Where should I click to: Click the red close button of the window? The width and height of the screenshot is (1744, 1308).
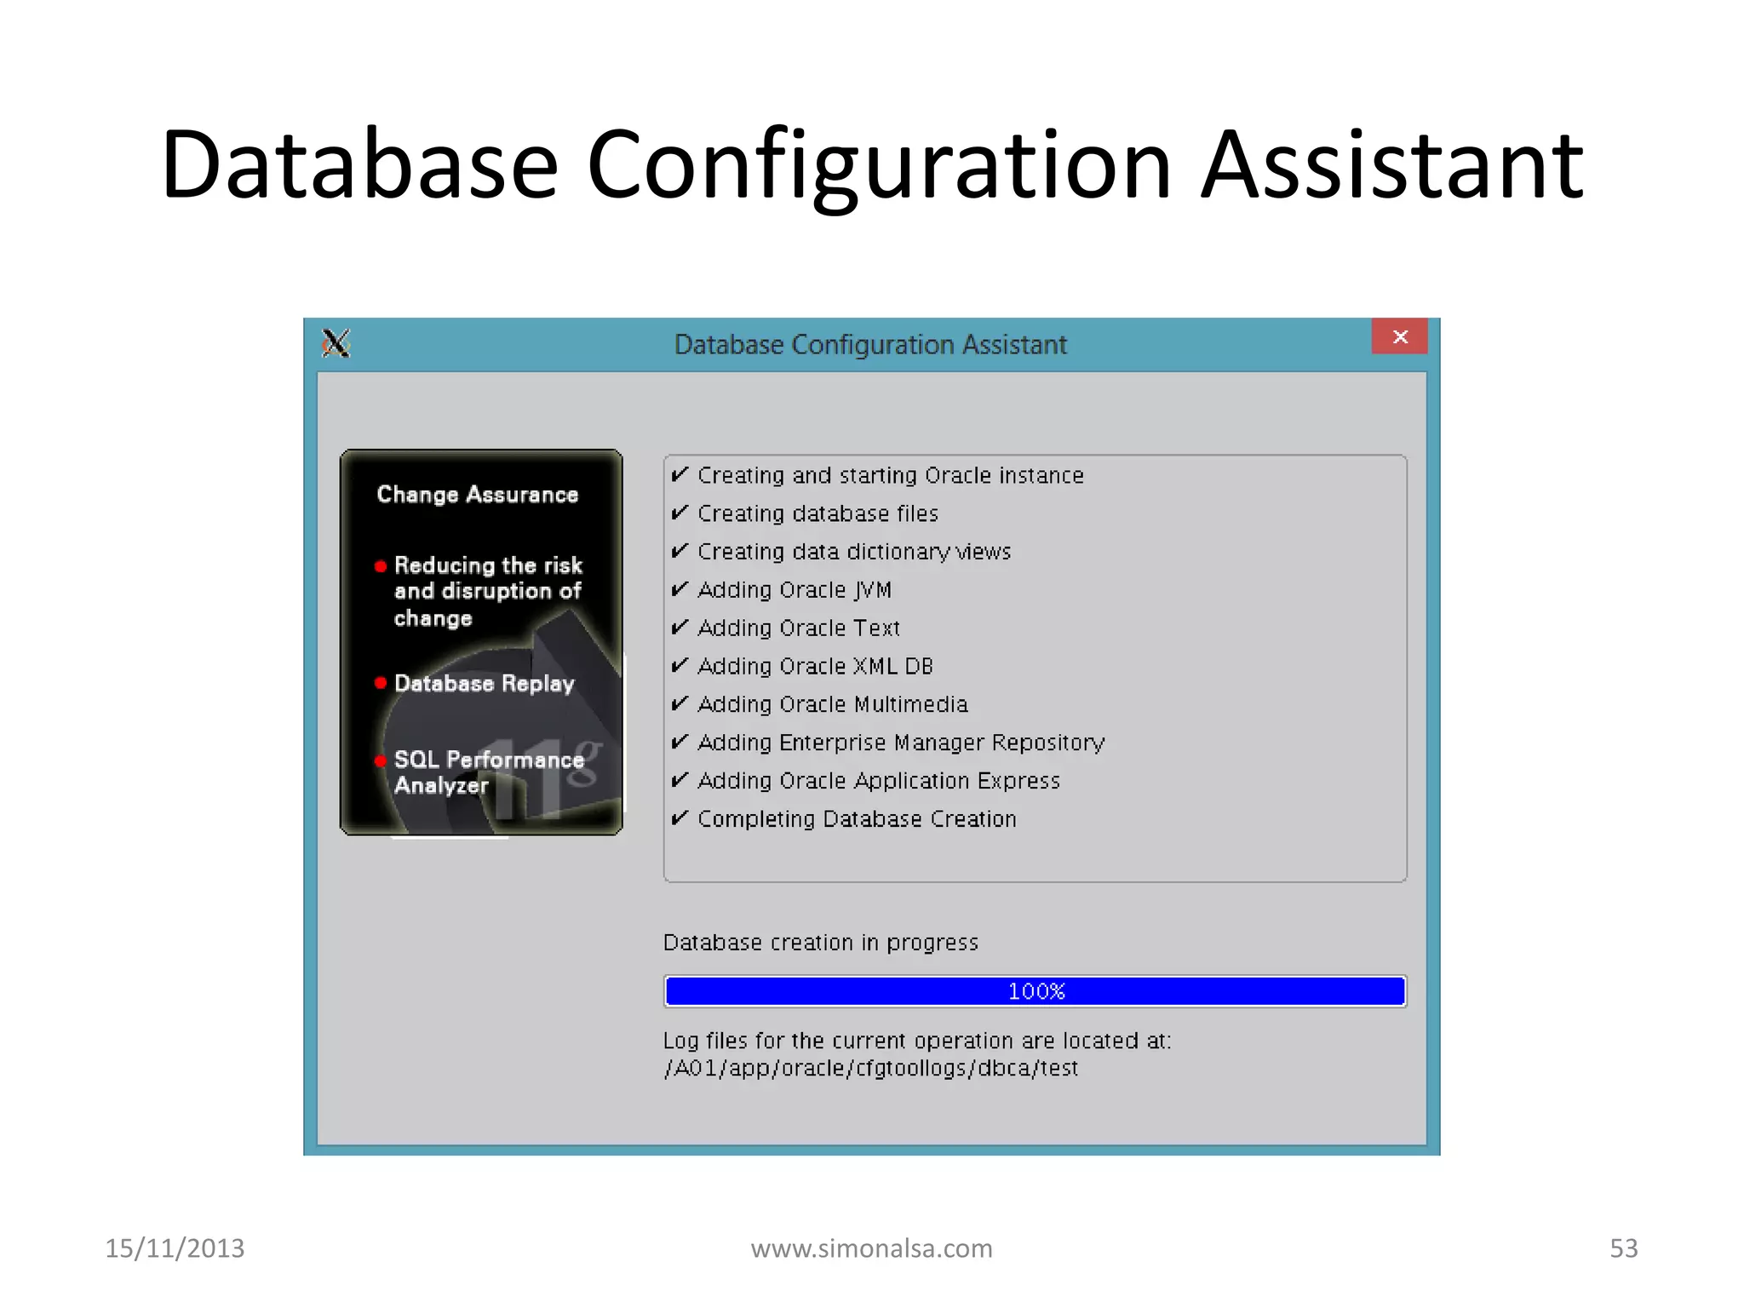pyautogui.click(x=1399, y=336)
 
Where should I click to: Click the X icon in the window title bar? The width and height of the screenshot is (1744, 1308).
pyautogui.click(x=336, y=343)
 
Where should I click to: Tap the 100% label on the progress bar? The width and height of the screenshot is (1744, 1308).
pyautogui.click(x=1035, y=991)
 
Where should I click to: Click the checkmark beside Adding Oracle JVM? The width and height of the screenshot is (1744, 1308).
pyautogui.click(x=680, y=589)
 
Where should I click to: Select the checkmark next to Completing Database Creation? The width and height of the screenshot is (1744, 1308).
pyautogui.click(x=680, y=818)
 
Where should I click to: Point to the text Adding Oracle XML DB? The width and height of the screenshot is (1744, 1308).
pyautogui.click(x=815, y=666)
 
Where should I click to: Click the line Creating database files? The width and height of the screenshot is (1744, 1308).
pyautogui.click(x=817, y=513)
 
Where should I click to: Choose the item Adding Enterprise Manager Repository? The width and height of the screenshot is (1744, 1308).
pyautogui.click(x=900, y=743)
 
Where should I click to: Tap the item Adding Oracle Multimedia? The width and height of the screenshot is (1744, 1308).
pyautogui.click(x=832, y=704)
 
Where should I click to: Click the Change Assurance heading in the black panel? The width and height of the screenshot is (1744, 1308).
pyautogui.click(x=477, y=495)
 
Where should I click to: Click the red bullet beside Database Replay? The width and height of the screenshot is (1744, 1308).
pyautogui.click(x=381, y=683)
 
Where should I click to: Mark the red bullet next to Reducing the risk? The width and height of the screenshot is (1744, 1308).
pyautogui.click(x=381, y=566)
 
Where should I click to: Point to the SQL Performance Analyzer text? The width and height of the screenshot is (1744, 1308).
pyautogui.click(x=488, y=772)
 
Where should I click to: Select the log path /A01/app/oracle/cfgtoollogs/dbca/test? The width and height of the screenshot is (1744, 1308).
pyautogui.click(x=870, y=1068)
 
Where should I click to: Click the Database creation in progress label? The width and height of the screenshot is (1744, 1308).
pyautogui.click(x=820, y=943)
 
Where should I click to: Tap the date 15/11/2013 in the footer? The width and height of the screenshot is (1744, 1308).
pyautogui.click(x=175, y=1248)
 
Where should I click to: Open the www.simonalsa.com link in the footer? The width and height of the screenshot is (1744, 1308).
pyautogui.click(x=871, y=1248)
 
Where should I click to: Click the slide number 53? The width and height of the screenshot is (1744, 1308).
pyautogui.click(x=1623, y=1248)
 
